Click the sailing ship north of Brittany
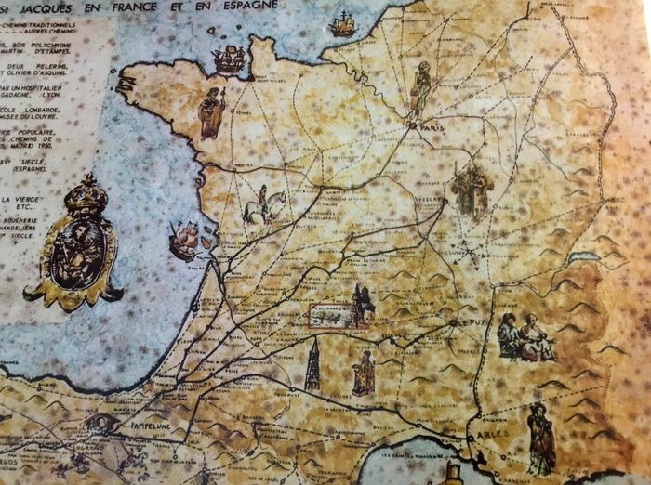228,59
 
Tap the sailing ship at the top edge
343,24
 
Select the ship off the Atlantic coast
184,241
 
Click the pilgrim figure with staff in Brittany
212,111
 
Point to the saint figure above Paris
421,89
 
